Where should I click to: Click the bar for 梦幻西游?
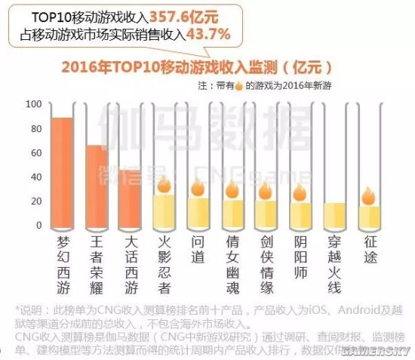63,173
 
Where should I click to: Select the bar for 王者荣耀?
97,186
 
